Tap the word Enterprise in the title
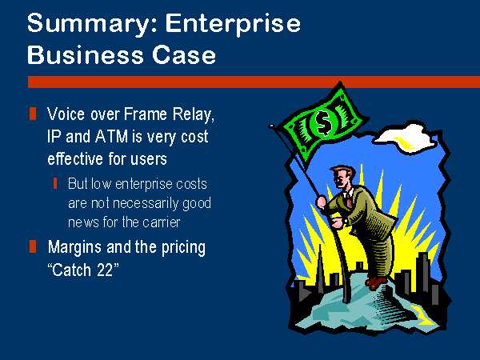[x=233, y=23]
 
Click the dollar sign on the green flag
[x=323, y=122]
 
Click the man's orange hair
[x=344, y=171]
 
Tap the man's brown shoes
[x=376, y=282]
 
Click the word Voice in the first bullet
[x=66, y=114]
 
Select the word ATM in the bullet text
[x=111, y=137]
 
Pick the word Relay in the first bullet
[x=193, y=115]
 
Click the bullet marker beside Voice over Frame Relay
[x=33, y=114]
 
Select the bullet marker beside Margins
[x=33, y=246]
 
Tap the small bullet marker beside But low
[x=55, y=184]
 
